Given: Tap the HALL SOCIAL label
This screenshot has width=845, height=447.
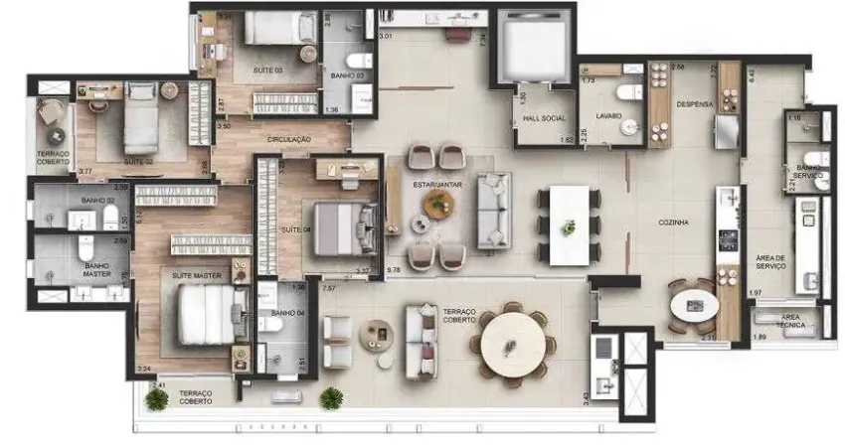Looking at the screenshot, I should click(544, 119).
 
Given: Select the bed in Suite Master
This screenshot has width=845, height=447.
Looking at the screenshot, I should click(208, 314).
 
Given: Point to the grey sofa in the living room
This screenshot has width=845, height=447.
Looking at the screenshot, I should click(494, 211).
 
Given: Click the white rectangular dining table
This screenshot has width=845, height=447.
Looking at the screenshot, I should click(569, 224).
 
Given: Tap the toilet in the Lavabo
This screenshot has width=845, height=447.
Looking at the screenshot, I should click(628, 93).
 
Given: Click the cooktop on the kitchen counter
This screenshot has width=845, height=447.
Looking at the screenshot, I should click(728, 239).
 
